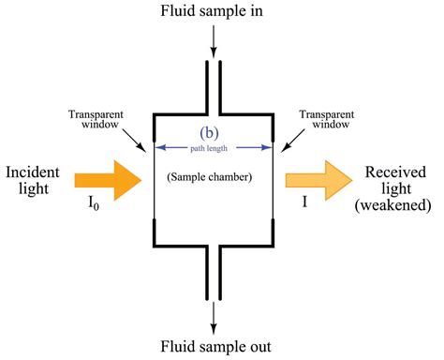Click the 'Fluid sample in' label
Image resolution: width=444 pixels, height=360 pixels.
coord(213,12)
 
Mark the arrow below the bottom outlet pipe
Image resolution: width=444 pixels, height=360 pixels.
coord(213,315)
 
